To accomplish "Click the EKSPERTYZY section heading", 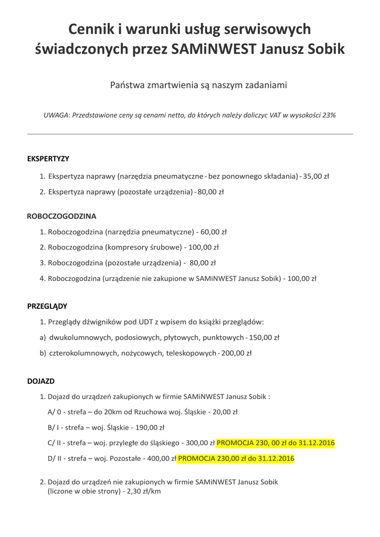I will (48, 158).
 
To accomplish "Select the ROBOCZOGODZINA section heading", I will (61, 216).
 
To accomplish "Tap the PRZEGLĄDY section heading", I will (47, 306).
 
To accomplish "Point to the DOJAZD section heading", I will (41, 381).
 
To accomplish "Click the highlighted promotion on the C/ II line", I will (276, 443).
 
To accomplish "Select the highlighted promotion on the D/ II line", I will (236, 459).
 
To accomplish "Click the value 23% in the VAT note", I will (329, 115).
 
